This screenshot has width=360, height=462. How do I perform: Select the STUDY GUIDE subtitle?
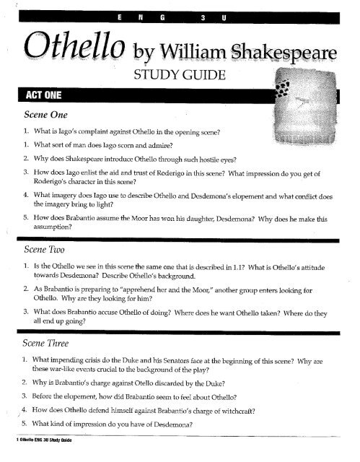tap(180, 76)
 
